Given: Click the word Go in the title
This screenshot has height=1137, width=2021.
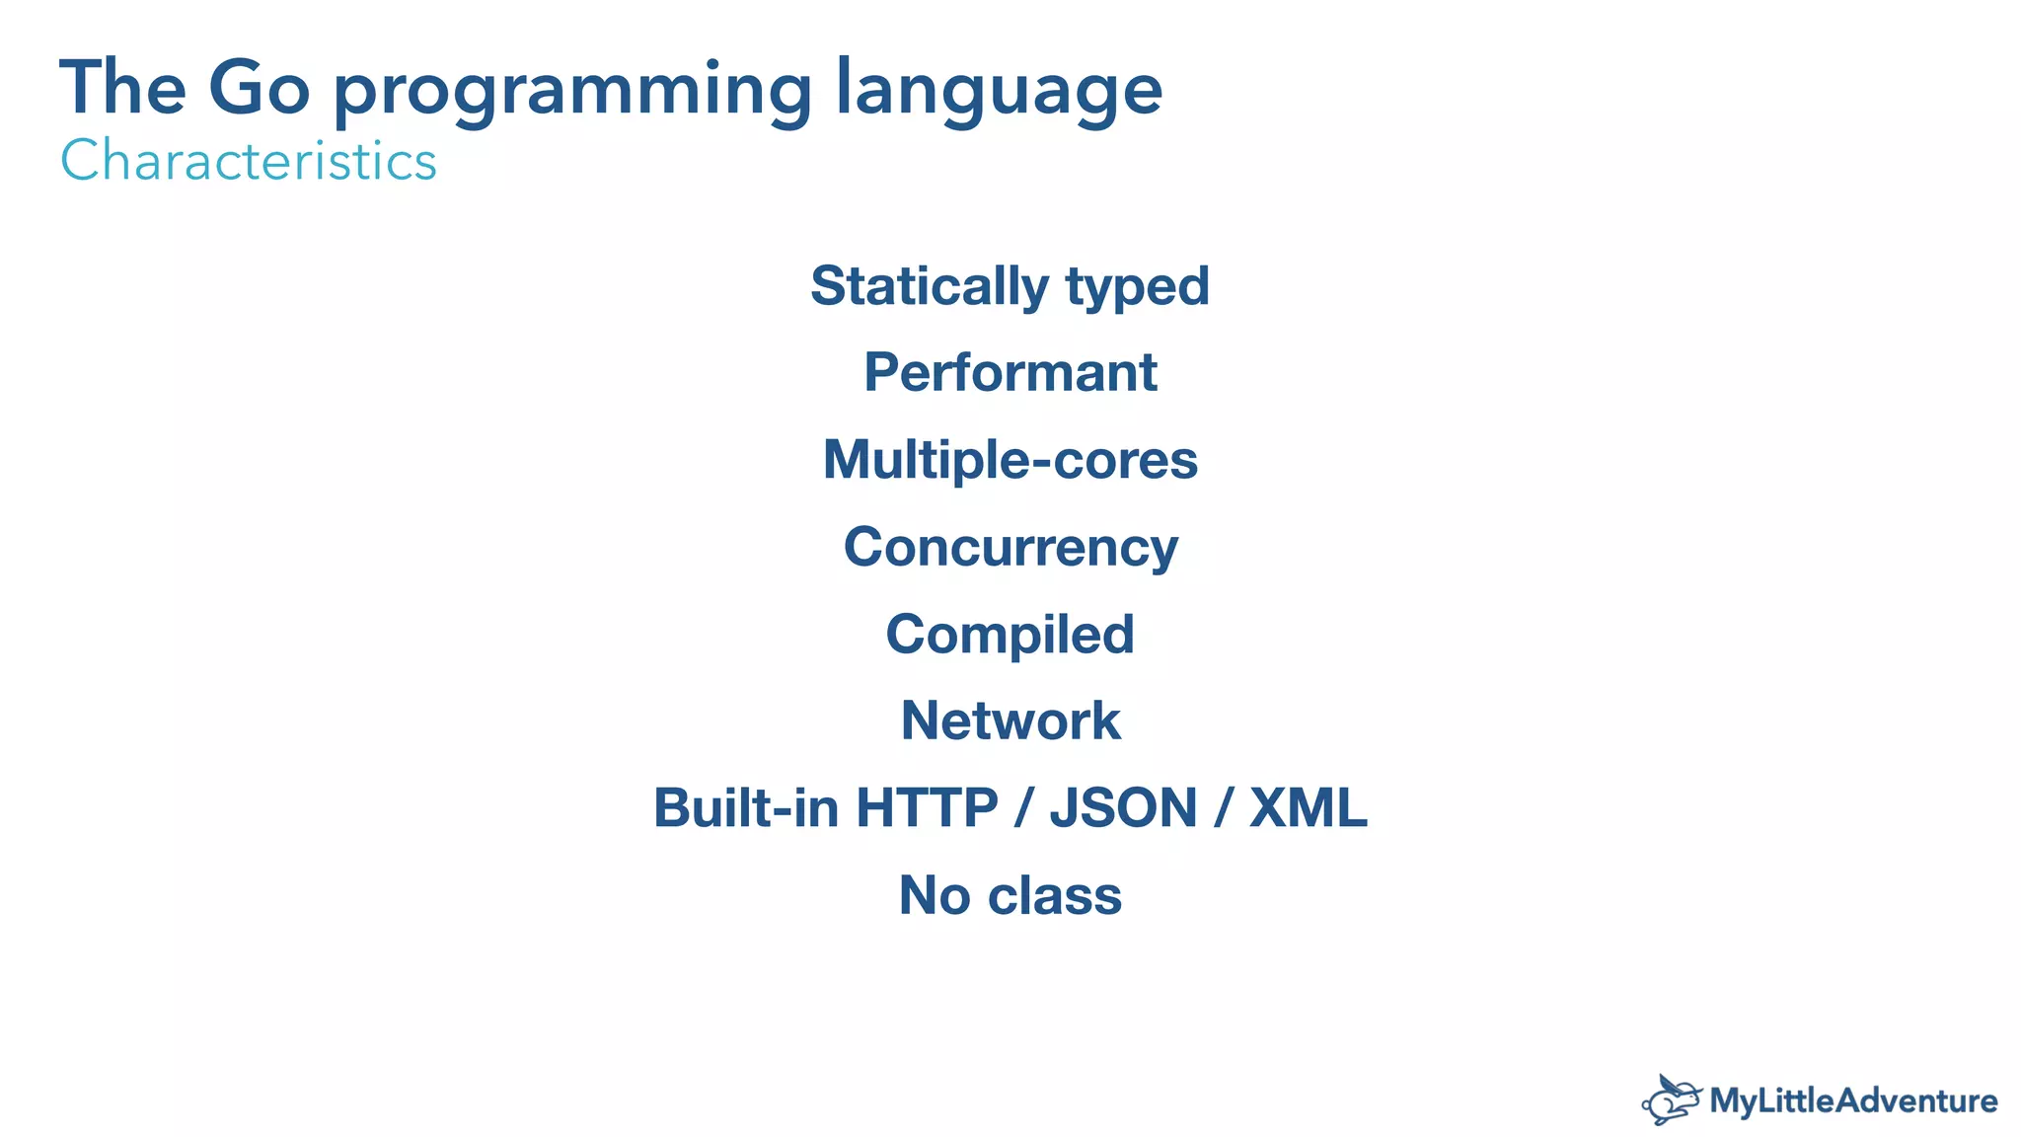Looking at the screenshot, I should tap(259, 89).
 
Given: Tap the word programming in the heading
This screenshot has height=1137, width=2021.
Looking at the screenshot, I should tap(572, 92).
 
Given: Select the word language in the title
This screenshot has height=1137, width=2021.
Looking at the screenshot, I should tap(999, 92).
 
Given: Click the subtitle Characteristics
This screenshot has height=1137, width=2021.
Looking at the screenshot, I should tap(249, 161).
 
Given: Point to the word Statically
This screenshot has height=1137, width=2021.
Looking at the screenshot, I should tap(929, 286).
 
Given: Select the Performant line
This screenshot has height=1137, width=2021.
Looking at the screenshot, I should tap(1010, 373).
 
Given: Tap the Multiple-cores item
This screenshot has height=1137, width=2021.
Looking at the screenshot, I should tap(1010, 460).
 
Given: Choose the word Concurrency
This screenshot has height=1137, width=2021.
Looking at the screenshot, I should tap(1010, 548).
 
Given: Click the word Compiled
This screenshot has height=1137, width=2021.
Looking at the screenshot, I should tap(1010, 635).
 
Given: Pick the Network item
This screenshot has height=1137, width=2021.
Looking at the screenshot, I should tap(1010, 720).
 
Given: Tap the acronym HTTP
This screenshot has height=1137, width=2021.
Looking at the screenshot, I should tap(927, 808).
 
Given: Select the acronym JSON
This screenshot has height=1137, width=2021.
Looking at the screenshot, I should tap(1123, 808).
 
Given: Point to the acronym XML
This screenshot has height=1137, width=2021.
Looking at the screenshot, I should tap(1308, 808).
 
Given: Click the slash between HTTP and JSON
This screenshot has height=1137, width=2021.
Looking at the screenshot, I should tap(1023, 808).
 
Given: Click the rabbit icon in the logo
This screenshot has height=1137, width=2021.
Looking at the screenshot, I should tap(1672, 1100).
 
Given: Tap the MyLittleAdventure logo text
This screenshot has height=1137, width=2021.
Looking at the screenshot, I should tap(1852, 1100).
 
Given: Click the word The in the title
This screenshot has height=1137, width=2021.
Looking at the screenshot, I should tap(122, 89).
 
